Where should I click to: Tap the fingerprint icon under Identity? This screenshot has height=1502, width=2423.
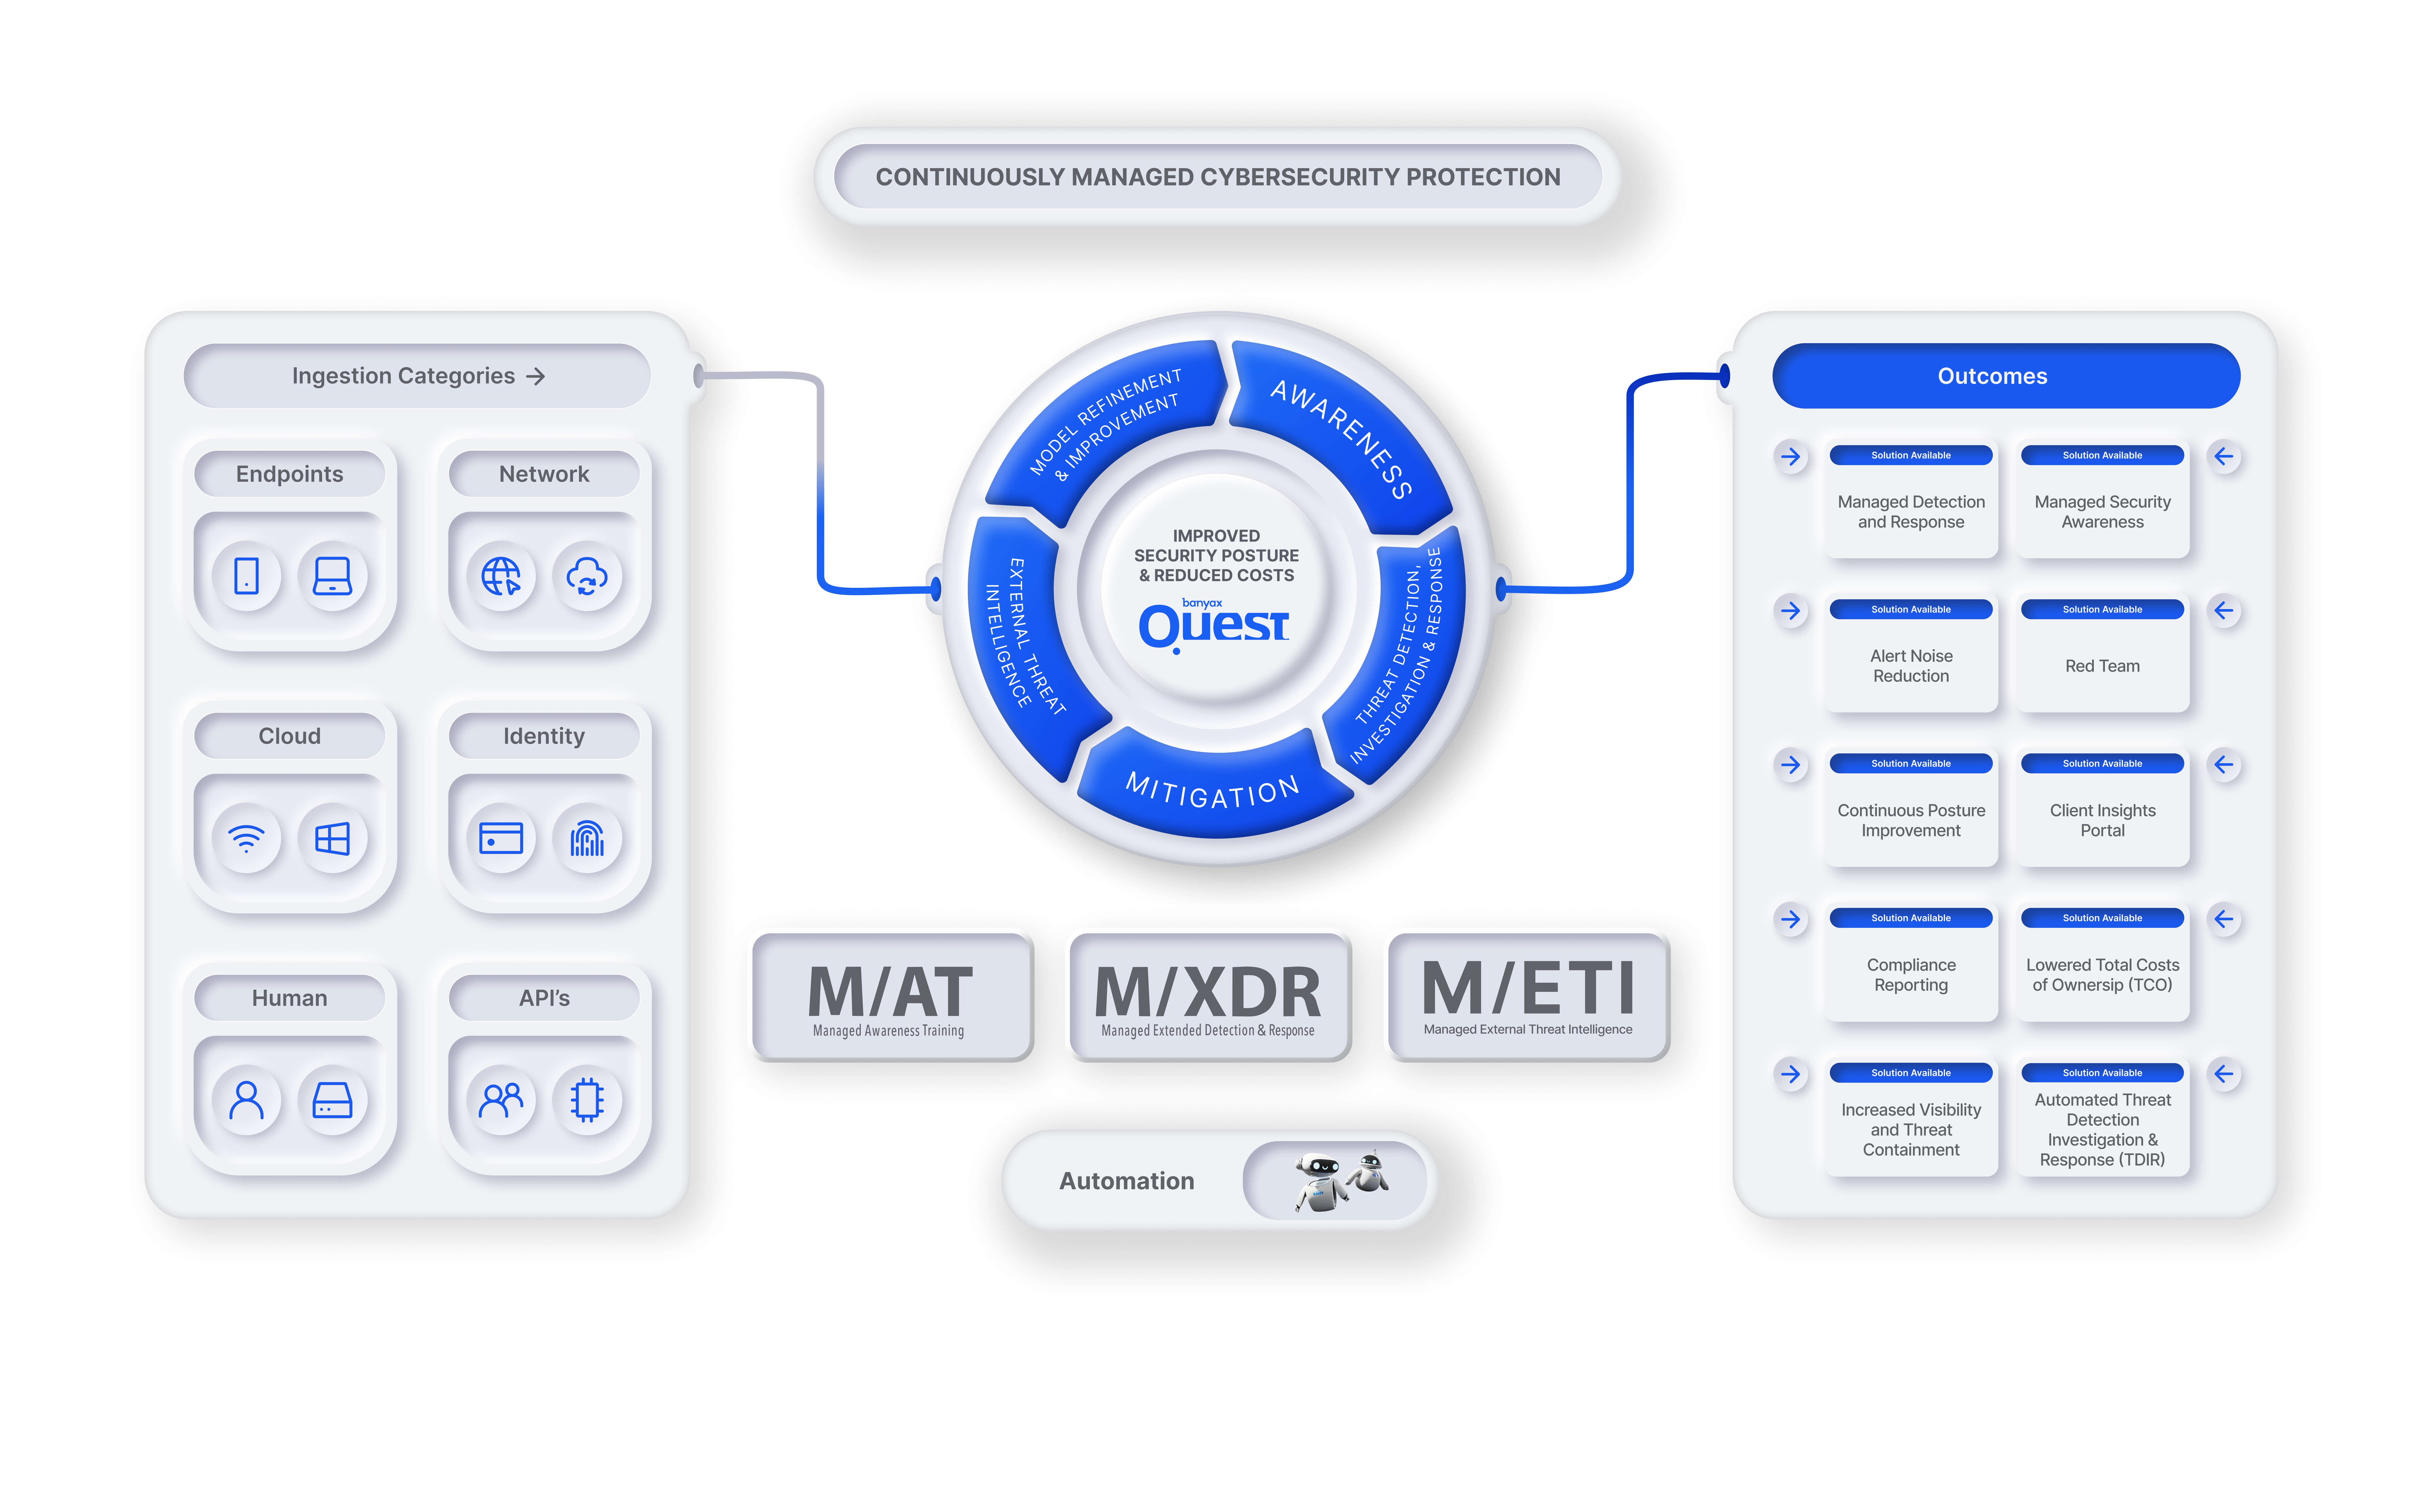pos(587,838)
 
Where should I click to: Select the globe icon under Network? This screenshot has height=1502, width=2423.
pos(501,576)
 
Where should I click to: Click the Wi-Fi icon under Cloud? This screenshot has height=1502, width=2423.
pos(246,838)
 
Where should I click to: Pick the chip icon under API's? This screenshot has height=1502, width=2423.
pos(587,1100)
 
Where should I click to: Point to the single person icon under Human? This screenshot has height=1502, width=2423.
pos(246,1100)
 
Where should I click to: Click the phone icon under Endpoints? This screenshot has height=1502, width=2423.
pos(246,576)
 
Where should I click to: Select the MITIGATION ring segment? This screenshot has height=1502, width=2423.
pos(1214,785)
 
